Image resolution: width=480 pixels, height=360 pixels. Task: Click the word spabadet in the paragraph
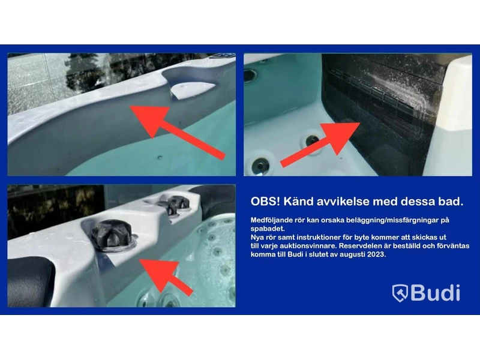pos(267,229)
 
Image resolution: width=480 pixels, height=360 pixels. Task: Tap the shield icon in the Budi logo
pos(400,293)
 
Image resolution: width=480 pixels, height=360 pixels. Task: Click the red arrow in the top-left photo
pos(178,133)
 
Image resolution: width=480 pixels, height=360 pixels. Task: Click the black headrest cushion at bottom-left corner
pos(28,281)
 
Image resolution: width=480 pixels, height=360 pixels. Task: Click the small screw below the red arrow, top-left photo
pos(160,158)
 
